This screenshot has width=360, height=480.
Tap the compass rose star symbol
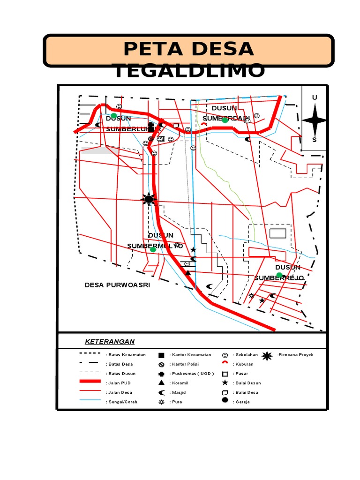point(315,120)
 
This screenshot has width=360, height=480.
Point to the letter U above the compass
point(315,97)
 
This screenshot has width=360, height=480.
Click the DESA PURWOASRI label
point(117,285)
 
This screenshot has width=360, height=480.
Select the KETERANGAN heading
point(110,341)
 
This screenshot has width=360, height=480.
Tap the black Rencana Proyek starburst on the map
point(149,199)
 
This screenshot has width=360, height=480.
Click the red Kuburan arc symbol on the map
point(204,125)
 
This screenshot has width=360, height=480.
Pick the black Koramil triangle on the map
point(188,273)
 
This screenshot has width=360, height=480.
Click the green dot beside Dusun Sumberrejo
point(279,275)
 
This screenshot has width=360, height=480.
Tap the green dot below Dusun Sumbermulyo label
point(153,249)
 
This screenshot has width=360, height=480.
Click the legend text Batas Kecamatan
point(126,355)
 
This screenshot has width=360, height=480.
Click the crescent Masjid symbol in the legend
point(161,392)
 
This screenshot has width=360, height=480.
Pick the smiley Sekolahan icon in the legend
point(225,355)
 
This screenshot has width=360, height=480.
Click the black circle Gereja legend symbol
point(225,400)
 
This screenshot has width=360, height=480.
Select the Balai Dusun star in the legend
point(225,383)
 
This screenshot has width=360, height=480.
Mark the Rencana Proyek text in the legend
point(295,355)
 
